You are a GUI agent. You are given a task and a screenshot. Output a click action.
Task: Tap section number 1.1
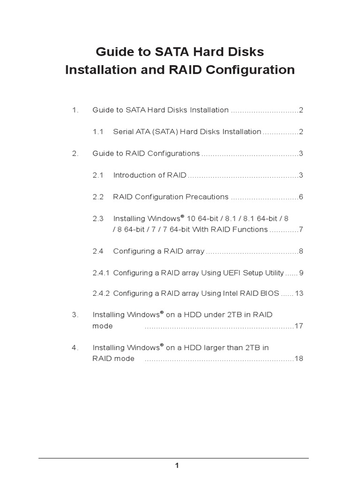pos(97,132)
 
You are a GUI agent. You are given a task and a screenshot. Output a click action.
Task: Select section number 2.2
pos(97,197)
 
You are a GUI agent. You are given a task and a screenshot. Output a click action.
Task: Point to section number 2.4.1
pos(101,273)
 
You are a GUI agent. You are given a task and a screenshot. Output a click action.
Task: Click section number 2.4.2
pos(101,293)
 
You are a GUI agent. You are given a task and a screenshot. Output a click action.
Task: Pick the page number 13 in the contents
pos(300,293)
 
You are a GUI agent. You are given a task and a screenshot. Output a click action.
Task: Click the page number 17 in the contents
pos(299,326)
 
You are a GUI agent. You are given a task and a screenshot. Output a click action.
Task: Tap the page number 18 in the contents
pos(299,359)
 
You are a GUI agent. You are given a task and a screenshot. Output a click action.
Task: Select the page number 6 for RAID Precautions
pos(301,197)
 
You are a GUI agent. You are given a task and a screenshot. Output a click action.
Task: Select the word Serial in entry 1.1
pos(123,132)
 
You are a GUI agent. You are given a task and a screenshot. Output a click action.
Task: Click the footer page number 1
pos(177,465)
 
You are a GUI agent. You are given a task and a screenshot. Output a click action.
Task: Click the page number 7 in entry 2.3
pos(301,230)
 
